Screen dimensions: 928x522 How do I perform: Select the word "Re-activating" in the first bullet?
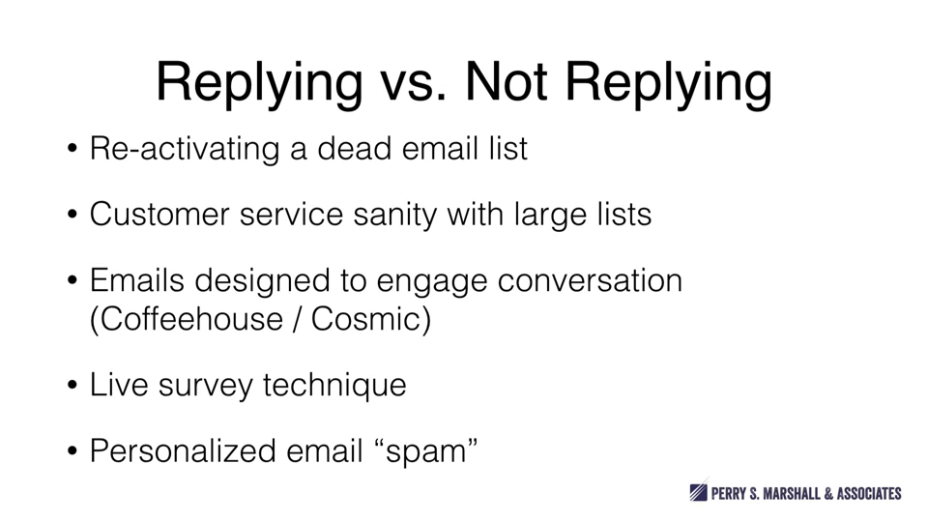point(184,148)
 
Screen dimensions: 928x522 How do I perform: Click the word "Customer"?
point(159,214)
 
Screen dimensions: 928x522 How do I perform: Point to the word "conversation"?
point(590,281)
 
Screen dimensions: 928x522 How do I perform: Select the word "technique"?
point(334,386)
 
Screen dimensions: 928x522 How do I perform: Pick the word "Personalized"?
point(183,451)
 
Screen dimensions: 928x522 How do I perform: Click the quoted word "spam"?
point(426,453)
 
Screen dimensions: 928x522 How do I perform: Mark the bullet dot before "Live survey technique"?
point(72,386)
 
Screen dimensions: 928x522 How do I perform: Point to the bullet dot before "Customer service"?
point(72,214)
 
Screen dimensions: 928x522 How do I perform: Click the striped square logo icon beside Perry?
point(698,491)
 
